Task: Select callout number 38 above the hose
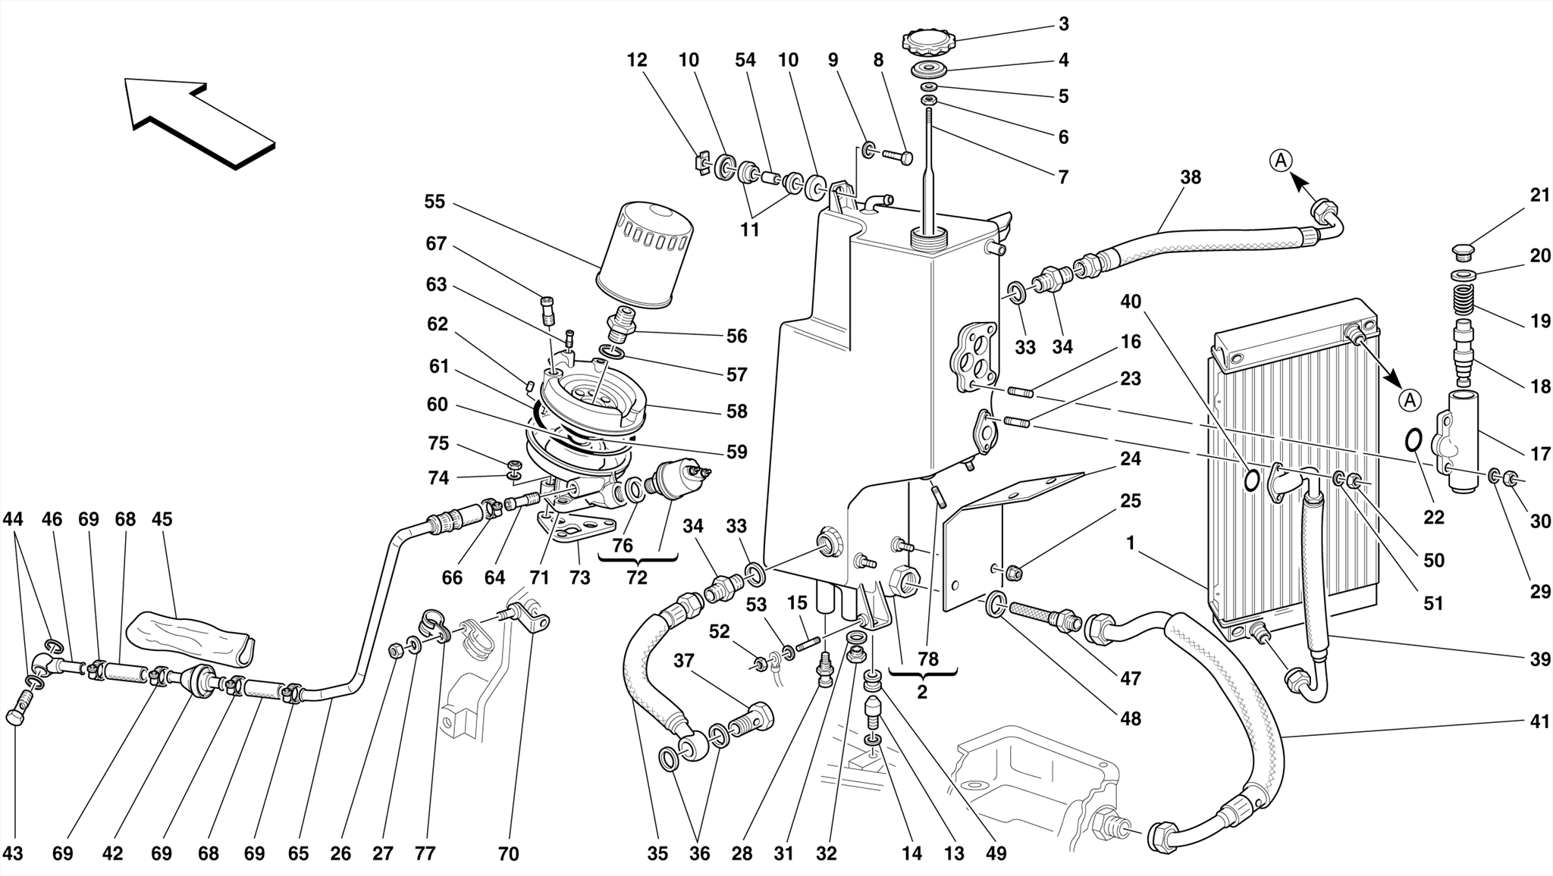point(1191,177)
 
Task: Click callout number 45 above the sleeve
point(162,519)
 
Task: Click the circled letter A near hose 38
point(1281,161)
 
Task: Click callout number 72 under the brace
point(637,577)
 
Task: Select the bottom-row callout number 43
point(13,853)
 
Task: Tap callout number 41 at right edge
point(1539,722)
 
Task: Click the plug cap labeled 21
point(1464,250)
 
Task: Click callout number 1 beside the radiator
point(1131,543)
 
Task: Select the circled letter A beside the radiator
point(1410,399)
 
